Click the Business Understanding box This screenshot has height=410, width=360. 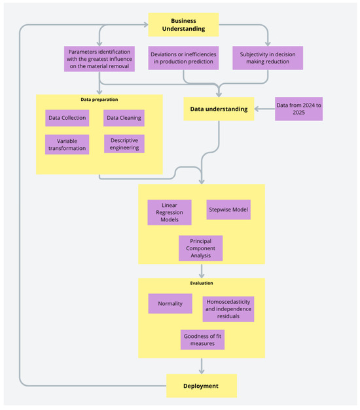(x=183, y=25)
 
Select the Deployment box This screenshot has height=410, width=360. (x=202, y=386)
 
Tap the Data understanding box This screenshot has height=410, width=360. (x=219, y=109)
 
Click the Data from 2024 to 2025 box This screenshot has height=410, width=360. (x=298, y=109)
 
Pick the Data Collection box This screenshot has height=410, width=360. (x=67, y=118)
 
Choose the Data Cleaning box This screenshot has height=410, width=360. (x=124, y=118)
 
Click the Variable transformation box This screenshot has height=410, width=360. (x=67, y=145)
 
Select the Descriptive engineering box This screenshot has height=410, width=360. (x=124, y=144)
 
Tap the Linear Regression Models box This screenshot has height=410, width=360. (x=170, y=212)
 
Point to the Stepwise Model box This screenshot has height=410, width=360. (x=228, y=210)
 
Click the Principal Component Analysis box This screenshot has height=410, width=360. (x=201, y=248)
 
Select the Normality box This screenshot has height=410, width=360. (x=170, y=304)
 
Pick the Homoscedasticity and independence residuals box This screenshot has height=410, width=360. (x=228, y=309)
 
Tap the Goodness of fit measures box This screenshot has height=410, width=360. (x=202, y=340)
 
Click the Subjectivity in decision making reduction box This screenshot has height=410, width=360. (x=268, y=58)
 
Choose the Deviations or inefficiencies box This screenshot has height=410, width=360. (x=183, y=58)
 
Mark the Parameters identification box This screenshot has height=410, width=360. (x=99, y=59)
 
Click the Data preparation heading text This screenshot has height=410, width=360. (x=99, y=100)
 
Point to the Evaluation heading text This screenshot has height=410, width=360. (x=202, y=283)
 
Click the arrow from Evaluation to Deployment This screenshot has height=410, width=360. (x=202, y=366)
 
